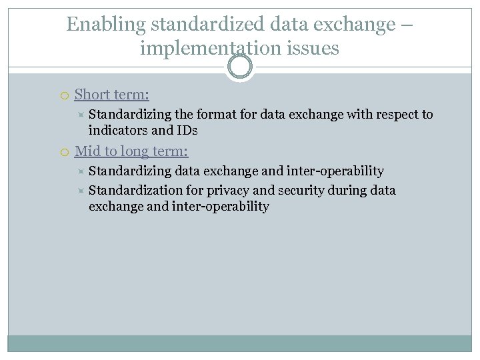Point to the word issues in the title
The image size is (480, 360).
tap(315, 48)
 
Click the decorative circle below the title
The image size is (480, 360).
tap(240, 67)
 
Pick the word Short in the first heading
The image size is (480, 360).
tap(92, 95)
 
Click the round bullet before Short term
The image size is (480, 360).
tap(64, 95)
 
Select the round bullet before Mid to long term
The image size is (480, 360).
tap(64, 152)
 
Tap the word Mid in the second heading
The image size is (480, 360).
tap(87, 151)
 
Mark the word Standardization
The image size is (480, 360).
tap(135, 191)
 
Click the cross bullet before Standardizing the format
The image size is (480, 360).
tap(80, 115)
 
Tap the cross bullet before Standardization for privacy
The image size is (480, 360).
tap(80, 191)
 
